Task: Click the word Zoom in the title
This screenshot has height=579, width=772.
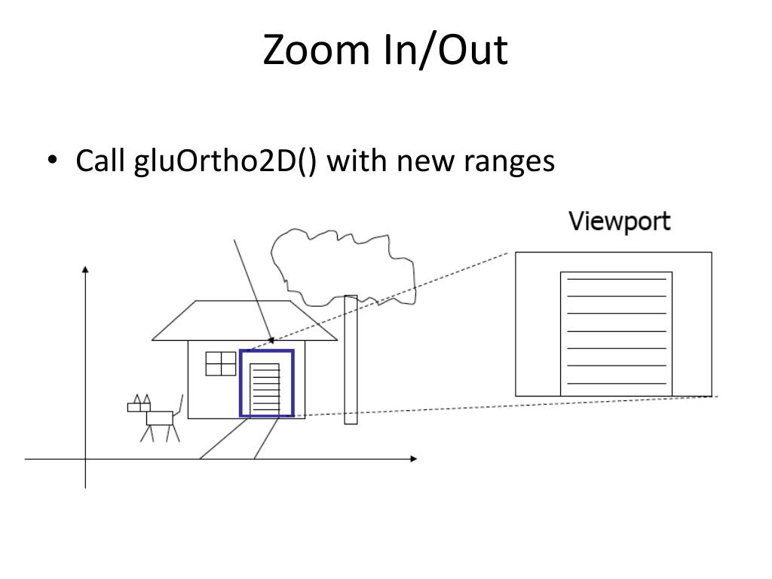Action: point(316,50)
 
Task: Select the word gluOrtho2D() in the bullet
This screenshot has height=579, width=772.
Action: point(225,161)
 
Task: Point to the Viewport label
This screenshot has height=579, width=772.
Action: point(620,222)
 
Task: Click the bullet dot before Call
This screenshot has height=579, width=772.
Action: point(52,160)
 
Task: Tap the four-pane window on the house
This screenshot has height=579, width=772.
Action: point(221,364)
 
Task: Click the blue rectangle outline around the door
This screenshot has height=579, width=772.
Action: point(240,383)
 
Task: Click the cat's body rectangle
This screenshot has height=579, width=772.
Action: point(160,418)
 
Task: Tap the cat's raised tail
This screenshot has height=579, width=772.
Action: point(179,406)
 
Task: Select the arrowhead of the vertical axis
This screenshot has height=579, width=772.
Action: point(85,269)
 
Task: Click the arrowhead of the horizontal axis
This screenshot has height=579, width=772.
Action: point(414,459)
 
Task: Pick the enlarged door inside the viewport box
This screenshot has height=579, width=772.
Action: point(616,334)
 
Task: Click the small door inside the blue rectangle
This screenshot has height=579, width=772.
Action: point(265,390)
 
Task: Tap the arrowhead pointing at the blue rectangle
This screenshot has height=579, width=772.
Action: point(271,340)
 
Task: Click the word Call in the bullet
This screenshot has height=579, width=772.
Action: point(100,161)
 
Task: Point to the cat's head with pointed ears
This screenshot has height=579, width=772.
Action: point(139,405)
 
